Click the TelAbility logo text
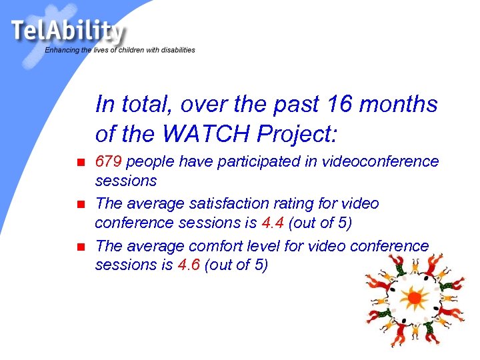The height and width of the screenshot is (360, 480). tap(67, 31)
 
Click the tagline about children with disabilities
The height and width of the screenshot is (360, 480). tap(120, 50)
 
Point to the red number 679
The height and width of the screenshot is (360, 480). tap(109, 162)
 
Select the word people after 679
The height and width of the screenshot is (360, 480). tap(151, 162)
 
